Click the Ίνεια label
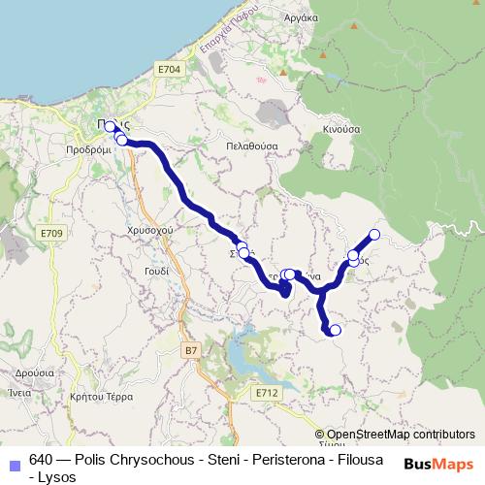coord(20,393)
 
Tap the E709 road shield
coord(52,234)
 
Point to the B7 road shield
coord(190,349)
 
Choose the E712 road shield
coord(268,393)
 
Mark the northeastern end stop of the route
coord(374,234)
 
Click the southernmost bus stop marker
coord(336,331)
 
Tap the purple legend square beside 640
coord(13,462)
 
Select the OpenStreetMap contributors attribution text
coord(401,435)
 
